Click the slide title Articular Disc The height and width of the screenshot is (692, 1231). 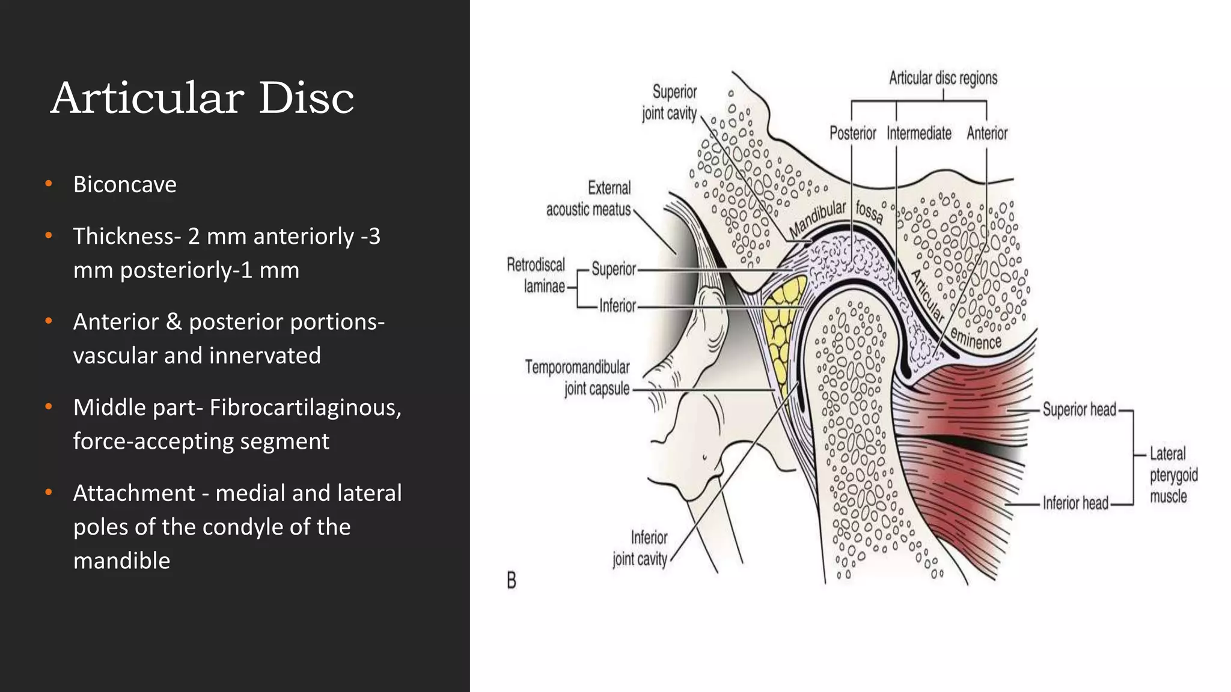pos(202,97)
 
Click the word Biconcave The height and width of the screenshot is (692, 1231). pos(124,184)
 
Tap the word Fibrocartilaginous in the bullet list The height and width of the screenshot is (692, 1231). pos(304,407)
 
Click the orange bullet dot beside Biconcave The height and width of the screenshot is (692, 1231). pos(49,183)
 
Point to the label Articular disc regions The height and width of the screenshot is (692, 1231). pos(942,78)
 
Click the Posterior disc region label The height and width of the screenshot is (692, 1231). pos(852,133)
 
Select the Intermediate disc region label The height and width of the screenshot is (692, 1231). pos(918,133)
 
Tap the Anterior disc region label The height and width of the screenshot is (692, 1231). pos(986,133)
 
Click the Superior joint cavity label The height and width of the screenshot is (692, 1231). pos(670,103)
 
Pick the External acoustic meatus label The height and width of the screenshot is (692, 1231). pos(588,199)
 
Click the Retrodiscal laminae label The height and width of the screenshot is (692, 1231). pos(536,276)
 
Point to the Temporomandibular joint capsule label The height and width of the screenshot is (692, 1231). pos(578,378)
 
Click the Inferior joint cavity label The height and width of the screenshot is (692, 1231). pos(641,548)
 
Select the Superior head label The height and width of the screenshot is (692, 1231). pos(1079,410)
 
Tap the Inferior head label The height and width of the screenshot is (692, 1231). pos(1075,503)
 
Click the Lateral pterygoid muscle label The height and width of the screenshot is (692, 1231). pos(1172,475)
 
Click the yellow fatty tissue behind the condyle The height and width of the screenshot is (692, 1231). pos(781,324)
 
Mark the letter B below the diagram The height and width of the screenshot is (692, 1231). pos(512,580)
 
